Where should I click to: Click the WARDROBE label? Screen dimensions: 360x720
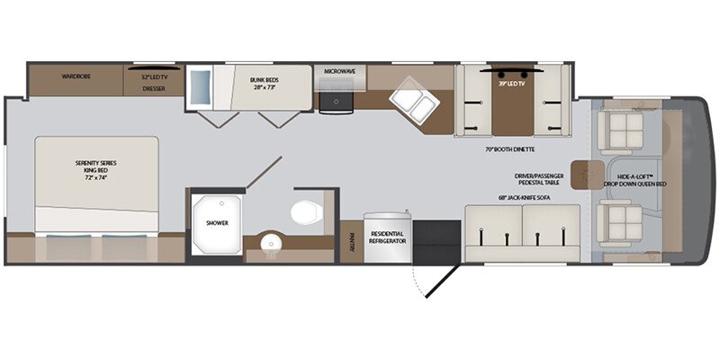click(x=76, y=76)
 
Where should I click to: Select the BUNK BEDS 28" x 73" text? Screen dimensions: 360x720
click(x=268, y=83)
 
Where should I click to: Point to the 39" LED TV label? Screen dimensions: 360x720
click(x=510, y=84)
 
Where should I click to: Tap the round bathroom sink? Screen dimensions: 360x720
click(x=268, y=245)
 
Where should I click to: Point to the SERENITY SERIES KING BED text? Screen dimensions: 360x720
click(x=96, y=167)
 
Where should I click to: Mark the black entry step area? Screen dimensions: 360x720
click(x=436, y=238)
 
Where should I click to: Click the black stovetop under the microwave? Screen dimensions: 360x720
click(x=338, y=98)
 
